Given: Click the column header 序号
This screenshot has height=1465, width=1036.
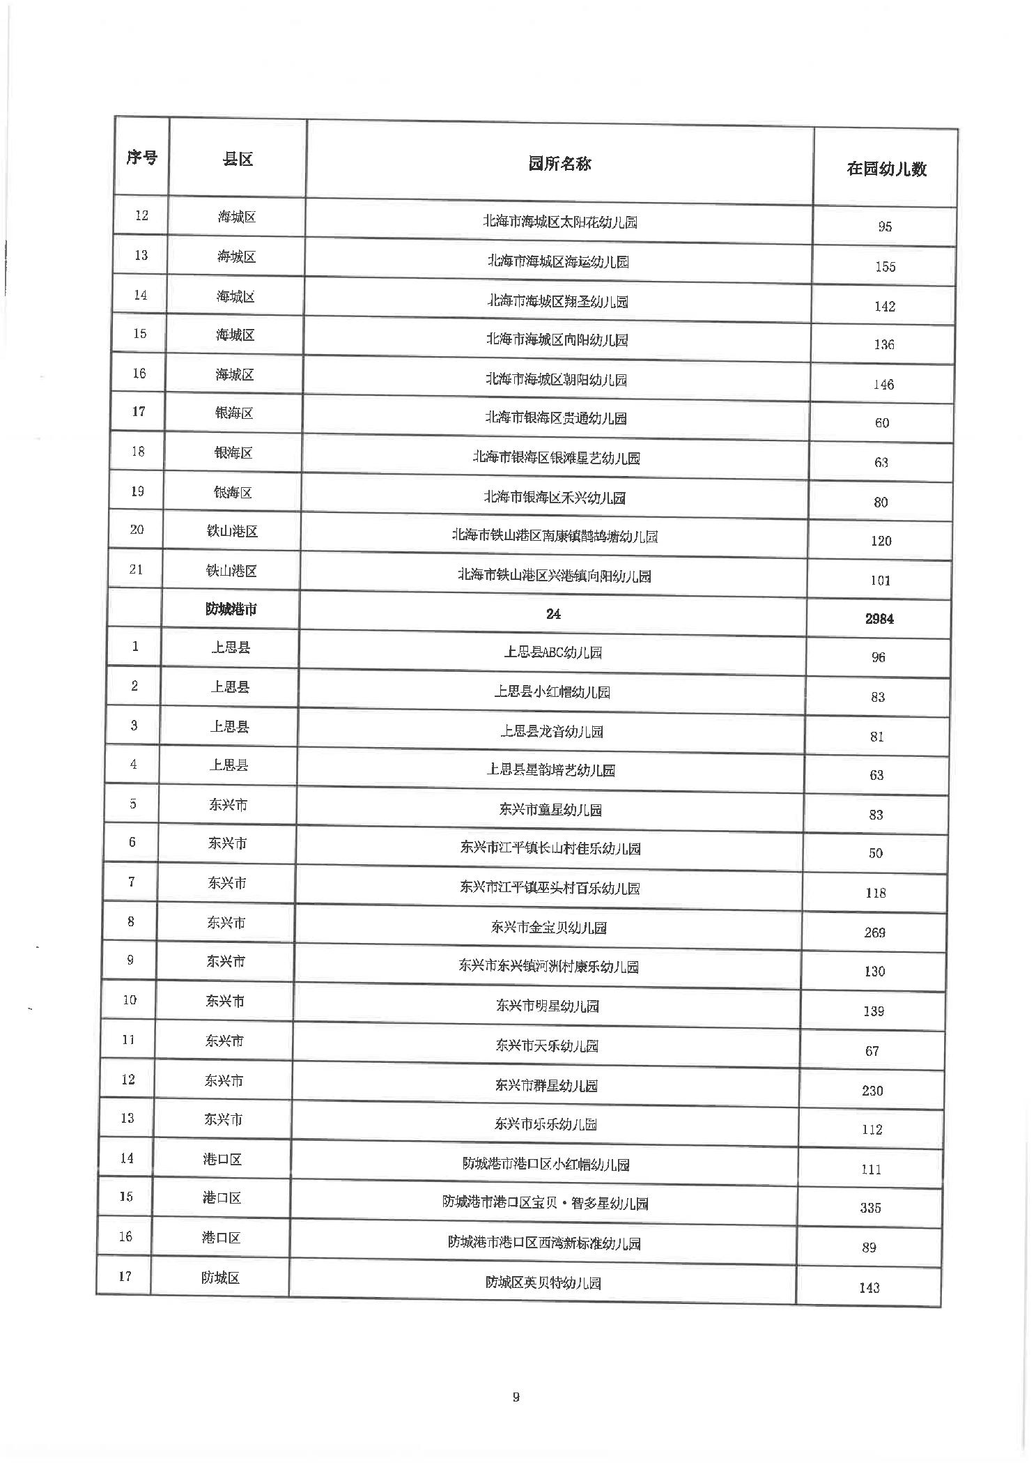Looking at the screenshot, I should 141,158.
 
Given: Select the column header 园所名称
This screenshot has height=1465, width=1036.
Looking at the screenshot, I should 559,164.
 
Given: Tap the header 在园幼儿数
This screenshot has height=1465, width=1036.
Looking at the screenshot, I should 886,169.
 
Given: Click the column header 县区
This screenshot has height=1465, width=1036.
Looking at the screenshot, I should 238,160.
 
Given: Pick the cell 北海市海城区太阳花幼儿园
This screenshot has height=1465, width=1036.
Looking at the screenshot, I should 559,222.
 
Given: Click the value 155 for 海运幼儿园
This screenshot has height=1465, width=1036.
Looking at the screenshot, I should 885,266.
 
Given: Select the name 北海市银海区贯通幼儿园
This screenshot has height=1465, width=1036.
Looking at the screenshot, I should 556,418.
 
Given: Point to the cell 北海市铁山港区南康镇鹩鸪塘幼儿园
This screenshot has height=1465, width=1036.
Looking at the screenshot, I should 555,536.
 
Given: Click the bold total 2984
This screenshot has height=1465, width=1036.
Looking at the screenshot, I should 879,618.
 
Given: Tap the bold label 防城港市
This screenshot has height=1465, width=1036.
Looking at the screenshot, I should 231,609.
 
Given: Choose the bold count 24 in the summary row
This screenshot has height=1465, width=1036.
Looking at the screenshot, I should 553,614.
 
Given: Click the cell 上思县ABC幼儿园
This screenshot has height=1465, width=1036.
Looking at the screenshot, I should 552,652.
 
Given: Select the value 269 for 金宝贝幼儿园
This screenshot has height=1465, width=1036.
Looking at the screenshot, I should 874,933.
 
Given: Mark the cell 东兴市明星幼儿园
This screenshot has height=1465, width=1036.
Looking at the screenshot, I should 548,1006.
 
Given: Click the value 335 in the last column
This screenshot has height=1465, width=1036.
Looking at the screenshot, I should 870,1208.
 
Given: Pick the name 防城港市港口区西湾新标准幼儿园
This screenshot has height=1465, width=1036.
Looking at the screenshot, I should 544,1243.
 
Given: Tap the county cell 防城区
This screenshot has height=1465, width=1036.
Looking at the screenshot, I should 220,1278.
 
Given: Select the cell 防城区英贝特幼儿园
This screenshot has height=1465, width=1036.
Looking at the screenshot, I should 543,1282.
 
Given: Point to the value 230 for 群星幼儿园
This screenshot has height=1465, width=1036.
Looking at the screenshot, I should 872,1091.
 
